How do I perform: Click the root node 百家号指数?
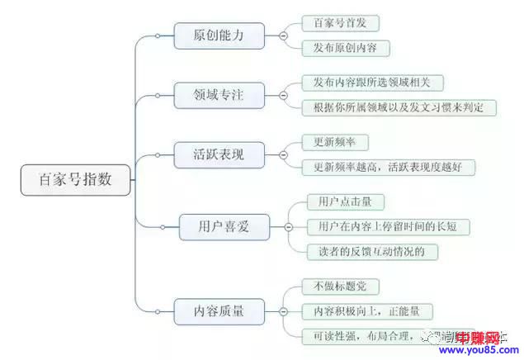click(75, 178)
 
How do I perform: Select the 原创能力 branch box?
click(219, 36)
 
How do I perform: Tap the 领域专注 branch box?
click(219, 94)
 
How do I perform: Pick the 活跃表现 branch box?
click(219, 154)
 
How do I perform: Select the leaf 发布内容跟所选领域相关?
click(371, 83)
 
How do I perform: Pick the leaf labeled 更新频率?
click(329, 142)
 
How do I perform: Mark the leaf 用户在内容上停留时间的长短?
click(388, 225)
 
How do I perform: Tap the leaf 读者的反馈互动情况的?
click(366, 250)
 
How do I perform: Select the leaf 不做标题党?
click(335, 287)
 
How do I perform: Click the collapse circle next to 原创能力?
click(283, 36)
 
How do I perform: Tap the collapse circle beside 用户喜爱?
click(288, 226)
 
